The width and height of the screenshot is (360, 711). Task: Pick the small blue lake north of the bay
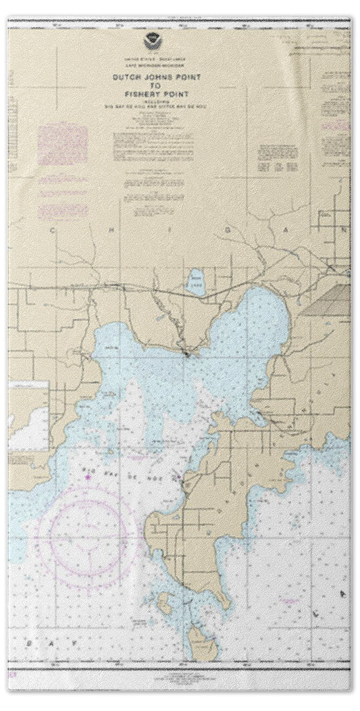(197, 278)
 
